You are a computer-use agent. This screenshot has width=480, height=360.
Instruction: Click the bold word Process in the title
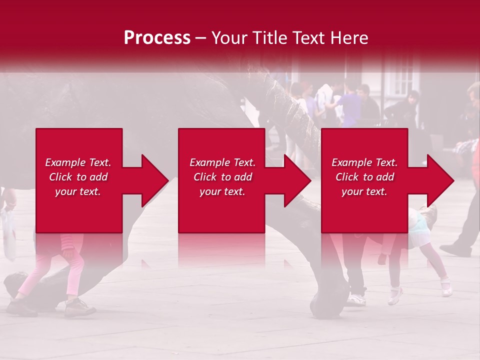[157, 37]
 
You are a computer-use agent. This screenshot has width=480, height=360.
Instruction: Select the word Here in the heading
[350, 37]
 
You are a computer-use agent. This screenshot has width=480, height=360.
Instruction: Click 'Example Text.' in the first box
[78, 162]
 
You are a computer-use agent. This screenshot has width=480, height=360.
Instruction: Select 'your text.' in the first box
[78, 191]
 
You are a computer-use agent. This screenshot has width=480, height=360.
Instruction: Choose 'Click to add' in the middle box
[222, 177]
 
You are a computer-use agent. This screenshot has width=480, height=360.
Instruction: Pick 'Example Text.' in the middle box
[222, 162]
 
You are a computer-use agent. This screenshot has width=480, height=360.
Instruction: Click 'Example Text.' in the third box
[364, 162]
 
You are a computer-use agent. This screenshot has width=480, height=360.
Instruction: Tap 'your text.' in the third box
[364, 191]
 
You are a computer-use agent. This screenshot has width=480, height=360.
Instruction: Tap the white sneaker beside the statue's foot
[356, 300]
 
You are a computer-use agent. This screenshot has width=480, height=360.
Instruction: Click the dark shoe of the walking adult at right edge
[455, 249]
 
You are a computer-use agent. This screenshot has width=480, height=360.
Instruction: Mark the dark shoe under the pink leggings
[79, 307]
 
